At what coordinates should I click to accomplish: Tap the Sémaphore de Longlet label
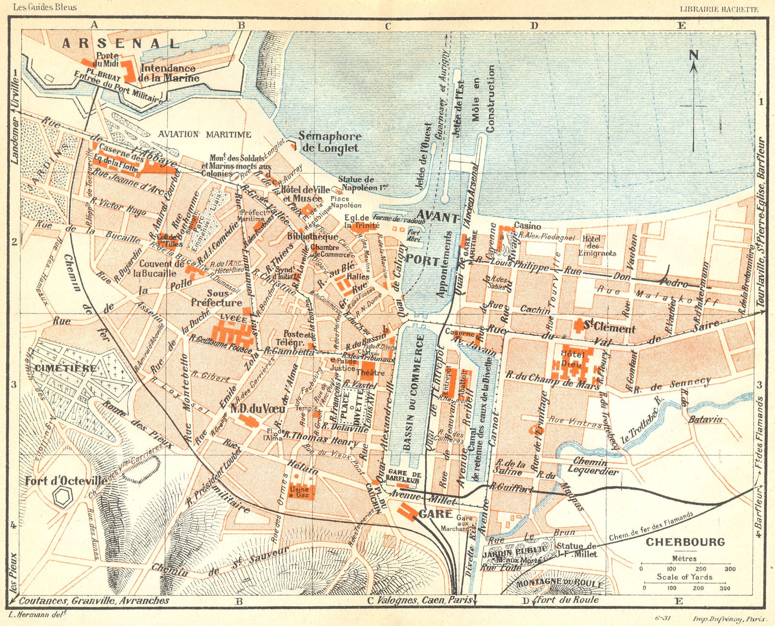click(x=329, y=142)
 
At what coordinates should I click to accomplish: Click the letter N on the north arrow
click(x=694, y=56)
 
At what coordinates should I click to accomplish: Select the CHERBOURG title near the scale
click(x=685, y=542)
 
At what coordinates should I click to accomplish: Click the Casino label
click(x=527, y=225)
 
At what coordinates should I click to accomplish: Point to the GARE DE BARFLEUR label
click(x=403, y=476)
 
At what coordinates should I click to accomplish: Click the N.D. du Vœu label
click(x=257, y=408)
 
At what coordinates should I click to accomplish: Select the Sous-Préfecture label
click(x=217, y=298)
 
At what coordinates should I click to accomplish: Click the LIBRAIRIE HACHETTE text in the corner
click(x=719, y=9)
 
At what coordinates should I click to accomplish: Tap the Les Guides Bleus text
click(x=45, y=7)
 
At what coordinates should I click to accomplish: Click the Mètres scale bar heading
click(x=684, y=558)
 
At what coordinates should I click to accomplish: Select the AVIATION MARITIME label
click(x=204, y=134)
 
